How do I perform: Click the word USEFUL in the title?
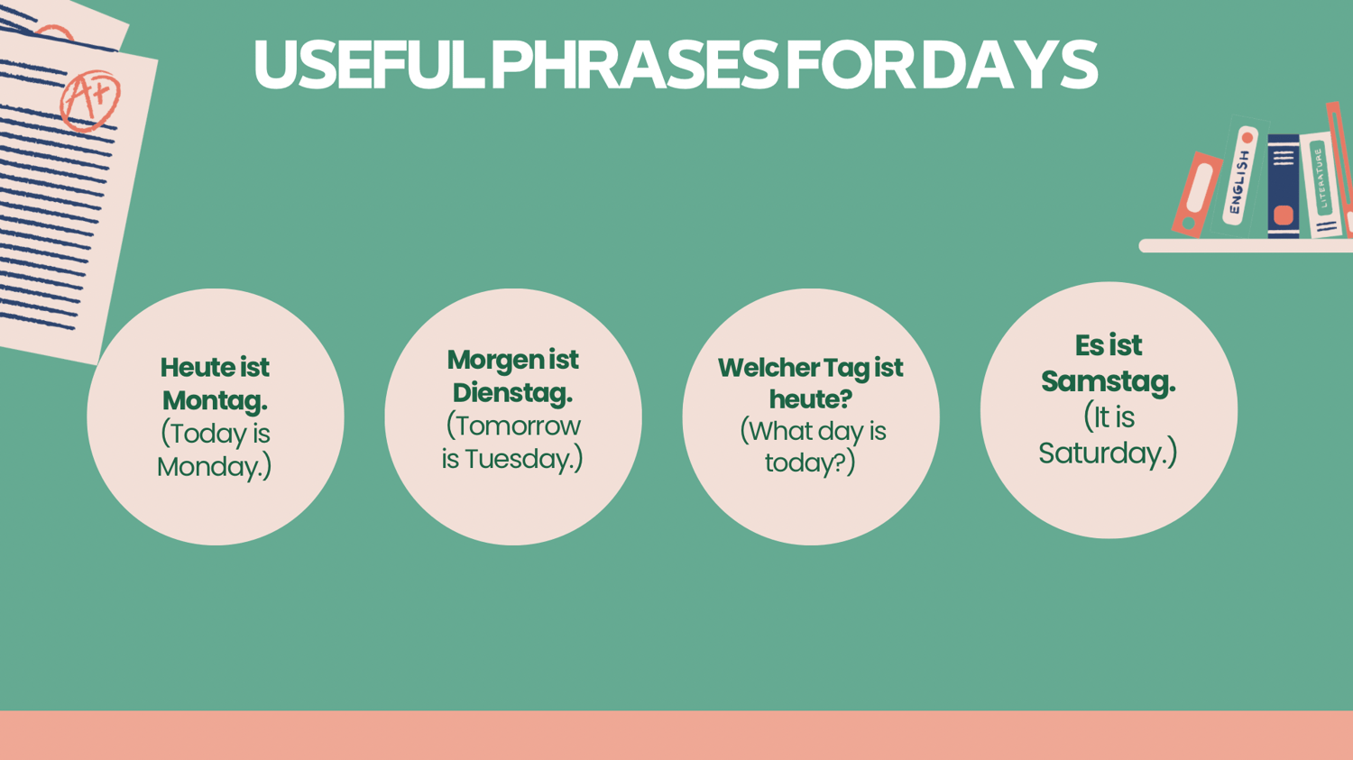tap(368, 65)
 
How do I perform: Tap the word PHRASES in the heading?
tap(635, 65)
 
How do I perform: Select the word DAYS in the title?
tap(1008, 65)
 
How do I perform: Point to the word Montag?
tap(215, 400)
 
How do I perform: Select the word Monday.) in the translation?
tap(215, 467)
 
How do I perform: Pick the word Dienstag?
tap(513, 392)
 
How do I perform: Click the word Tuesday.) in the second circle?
tap(524, 458)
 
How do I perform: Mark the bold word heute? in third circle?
tap(811, 399)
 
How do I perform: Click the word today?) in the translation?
tap(810, 462)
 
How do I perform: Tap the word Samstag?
tap(1109, 381)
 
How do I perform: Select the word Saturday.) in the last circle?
tap(1108, 453)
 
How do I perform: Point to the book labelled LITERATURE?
tap(1321, 184)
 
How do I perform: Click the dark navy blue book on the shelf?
tap(1284, 186)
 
